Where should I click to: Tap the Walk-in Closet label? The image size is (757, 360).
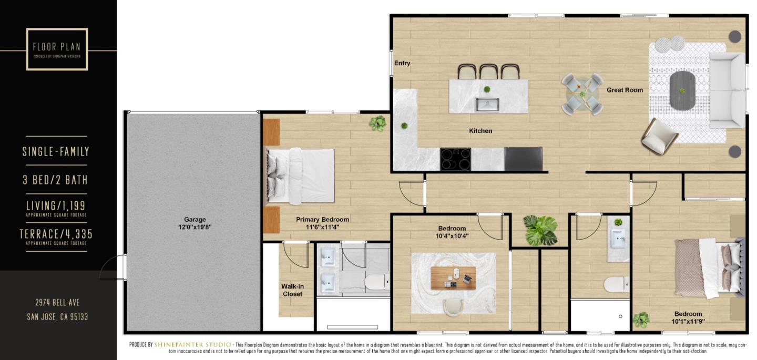(x=292, y=290)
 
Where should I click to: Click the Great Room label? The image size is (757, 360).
(x=625, y=90)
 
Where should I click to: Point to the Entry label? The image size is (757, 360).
(x=402, y=63)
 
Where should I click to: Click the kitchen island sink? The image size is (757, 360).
(x=488, y=104)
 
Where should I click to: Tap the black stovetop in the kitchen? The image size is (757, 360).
(x=455, y=159)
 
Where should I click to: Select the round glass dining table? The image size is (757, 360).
(x=581, y=95)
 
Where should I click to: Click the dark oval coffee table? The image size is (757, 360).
(x=682, y=90)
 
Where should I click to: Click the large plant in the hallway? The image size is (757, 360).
(x=540, y=230)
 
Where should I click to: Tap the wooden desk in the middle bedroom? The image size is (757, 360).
(x=453, y=277)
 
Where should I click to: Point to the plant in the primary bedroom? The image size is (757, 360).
(x=377, y=123)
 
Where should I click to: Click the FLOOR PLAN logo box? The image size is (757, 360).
(x=57, y=49)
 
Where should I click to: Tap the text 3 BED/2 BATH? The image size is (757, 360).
(x=55, y=180)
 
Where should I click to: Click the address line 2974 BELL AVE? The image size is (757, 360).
(x=57, y=302)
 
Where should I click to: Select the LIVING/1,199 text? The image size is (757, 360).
(x=56, y=205)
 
